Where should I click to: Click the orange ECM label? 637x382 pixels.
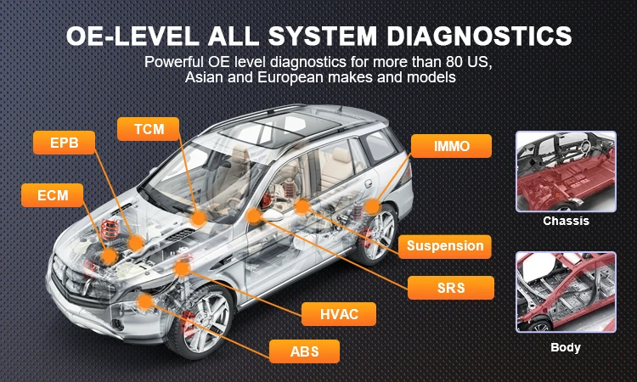[53, 196]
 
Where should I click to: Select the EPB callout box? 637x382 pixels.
[64, 142]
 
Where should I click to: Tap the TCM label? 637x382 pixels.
[149, 129]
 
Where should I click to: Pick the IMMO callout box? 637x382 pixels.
[451, 146]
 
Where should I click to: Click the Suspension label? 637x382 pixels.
[444, 247]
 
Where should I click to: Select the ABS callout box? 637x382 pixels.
[303, 351]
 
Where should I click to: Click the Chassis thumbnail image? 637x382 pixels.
[565, 171]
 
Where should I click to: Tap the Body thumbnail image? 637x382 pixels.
[565, 292]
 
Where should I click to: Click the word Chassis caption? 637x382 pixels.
[566, 222]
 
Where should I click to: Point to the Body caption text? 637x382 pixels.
[566, 347]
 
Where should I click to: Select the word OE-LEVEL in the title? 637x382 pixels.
[126, 37]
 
